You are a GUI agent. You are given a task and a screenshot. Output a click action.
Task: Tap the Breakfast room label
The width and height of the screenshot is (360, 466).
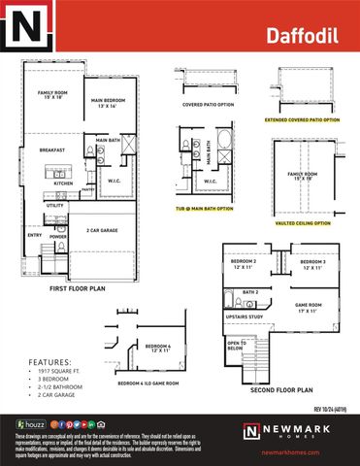[x=52, y=150]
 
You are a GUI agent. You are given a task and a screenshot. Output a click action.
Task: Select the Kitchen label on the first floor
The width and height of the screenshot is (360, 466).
[x=62, y=183]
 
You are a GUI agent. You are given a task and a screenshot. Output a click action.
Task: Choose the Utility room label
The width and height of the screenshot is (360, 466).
[x=55, y=206]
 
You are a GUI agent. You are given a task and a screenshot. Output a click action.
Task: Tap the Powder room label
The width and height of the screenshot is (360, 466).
[x=57, y=236]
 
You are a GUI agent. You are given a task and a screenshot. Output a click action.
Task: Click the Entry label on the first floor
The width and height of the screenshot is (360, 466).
[x=34, y=235]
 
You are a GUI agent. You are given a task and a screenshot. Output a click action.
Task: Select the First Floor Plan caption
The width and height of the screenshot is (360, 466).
[x=77, y=289]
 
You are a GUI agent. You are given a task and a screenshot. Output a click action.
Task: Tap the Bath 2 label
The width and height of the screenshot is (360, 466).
[x=250, y=291]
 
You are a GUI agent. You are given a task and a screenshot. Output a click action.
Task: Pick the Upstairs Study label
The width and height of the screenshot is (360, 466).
[x=245, y=316]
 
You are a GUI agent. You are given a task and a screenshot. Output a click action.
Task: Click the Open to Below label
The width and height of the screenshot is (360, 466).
[x=237, y=347]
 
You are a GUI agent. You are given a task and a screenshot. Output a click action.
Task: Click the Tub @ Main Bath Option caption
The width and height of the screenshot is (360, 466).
[x=204, y=209]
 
